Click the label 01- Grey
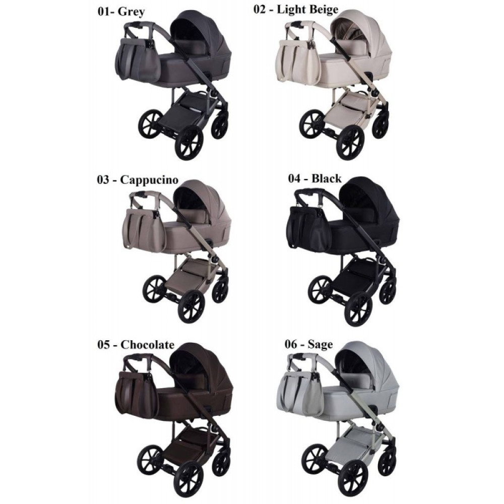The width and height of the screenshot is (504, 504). coord(121,12)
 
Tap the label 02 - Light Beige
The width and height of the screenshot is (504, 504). coord(296,9)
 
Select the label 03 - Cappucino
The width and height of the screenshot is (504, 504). coord(138,179)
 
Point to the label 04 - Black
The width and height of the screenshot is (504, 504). coord(314,178)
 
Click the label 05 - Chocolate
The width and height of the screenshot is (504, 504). coord(136,345)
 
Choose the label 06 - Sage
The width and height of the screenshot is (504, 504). coord(308,344)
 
